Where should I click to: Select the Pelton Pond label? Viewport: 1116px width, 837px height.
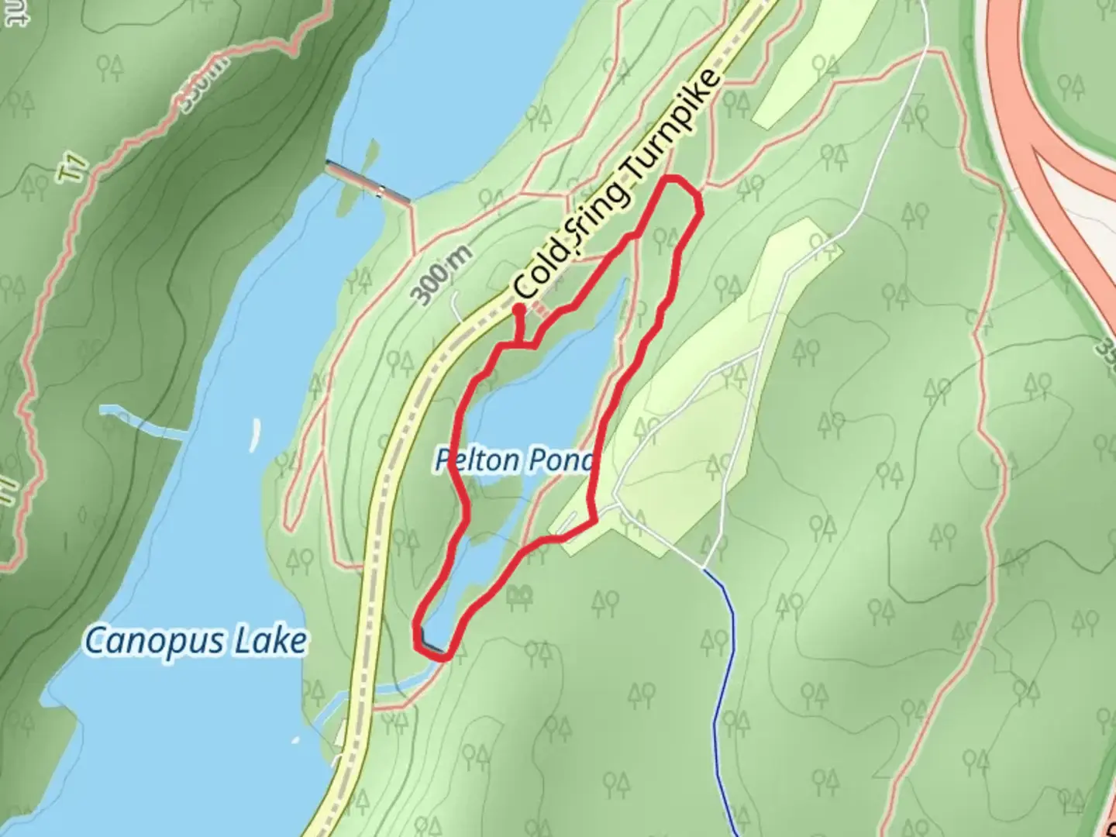(x=513, y=460)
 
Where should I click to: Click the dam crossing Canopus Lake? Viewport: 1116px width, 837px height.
(x=368, y=183)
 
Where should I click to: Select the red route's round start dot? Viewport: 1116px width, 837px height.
(x=518, y=309)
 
